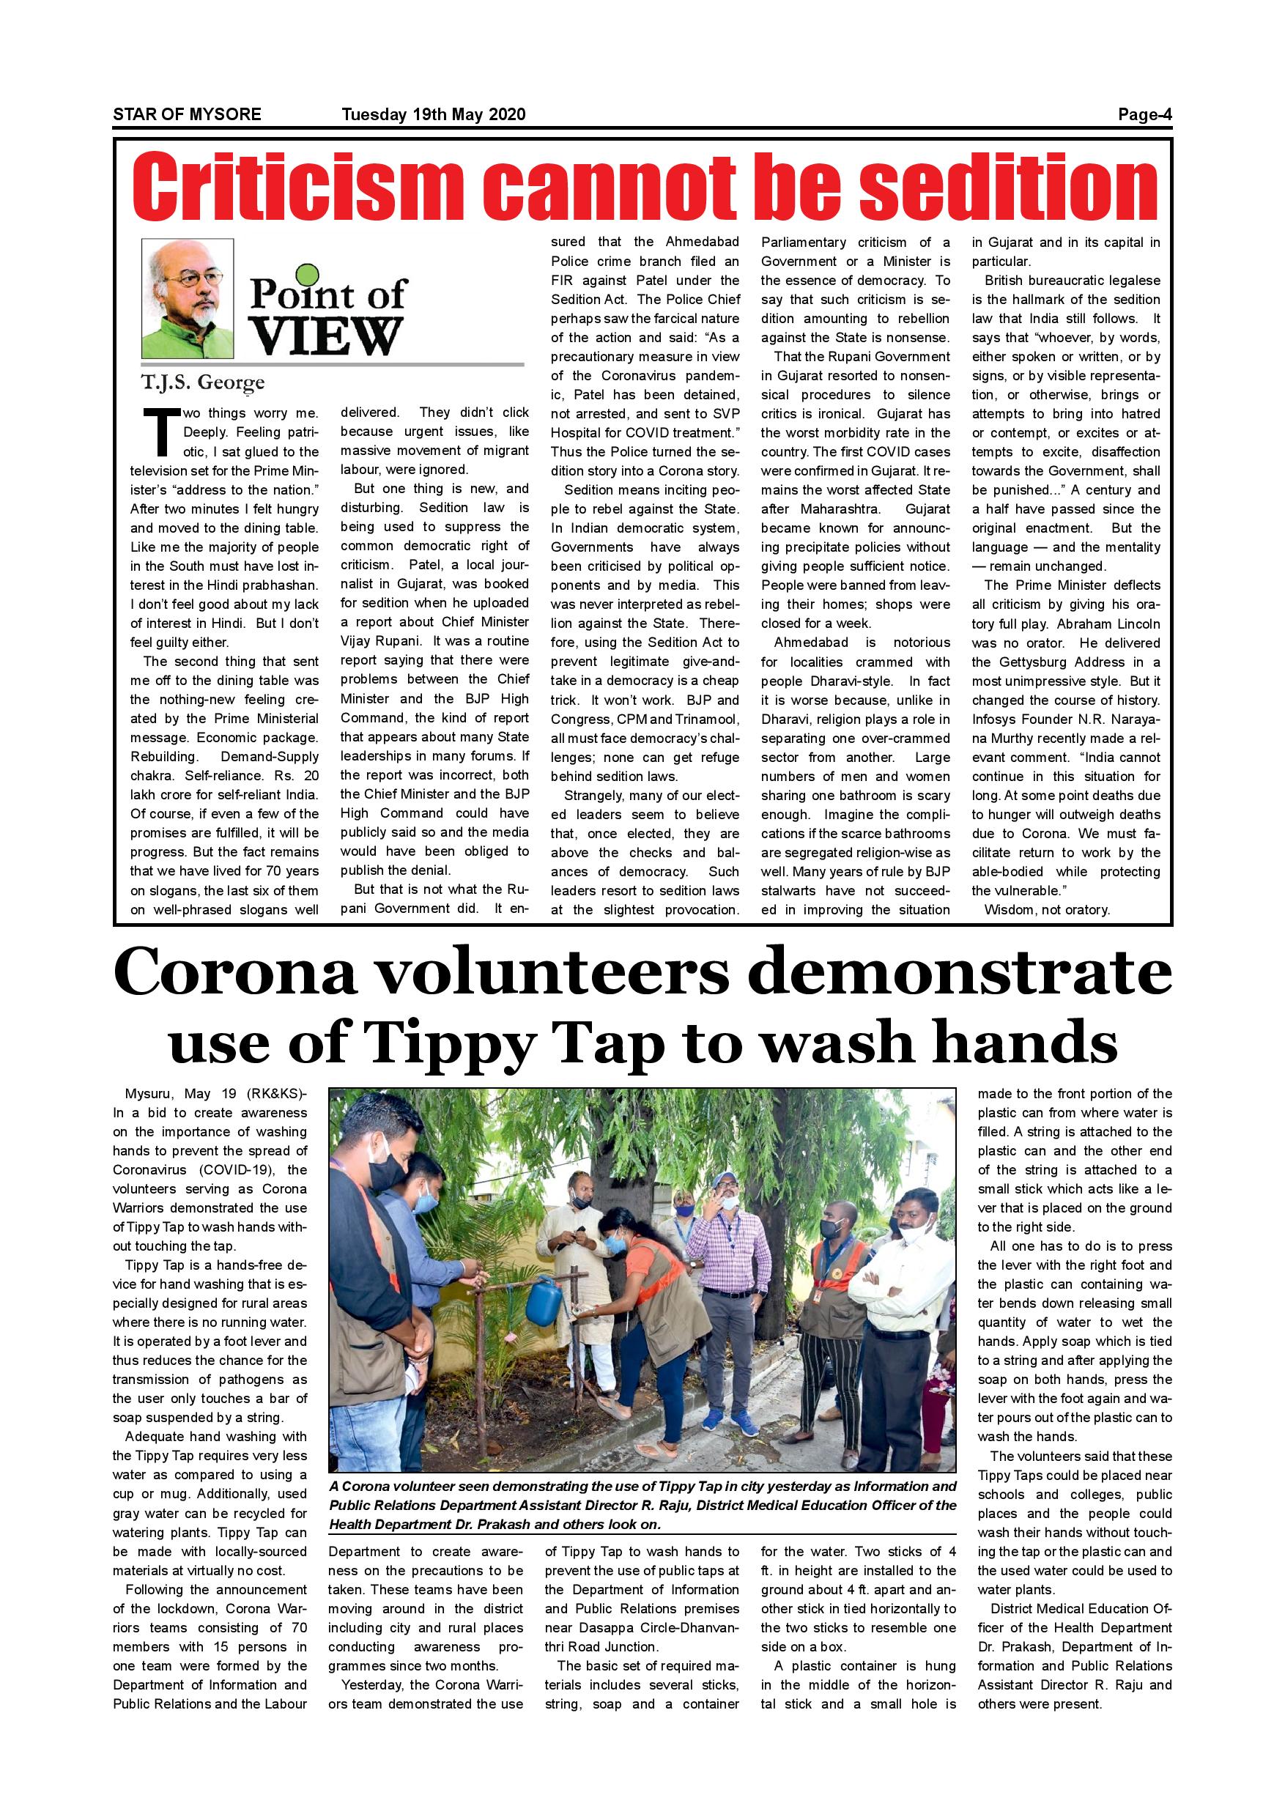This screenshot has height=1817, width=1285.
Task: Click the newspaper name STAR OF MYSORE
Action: [x=187, y=114]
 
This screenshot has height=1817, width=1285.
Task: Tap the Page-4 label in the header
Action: [x=1144, y=114]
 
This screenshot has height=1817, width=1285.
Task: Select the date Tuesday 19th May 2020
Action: [x=433, y=114]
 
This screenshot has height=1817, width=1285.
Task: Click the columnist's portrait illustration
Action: [x=188, y=298]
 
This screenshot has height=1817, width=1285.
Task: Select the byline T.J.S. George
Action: [x=202, y=383]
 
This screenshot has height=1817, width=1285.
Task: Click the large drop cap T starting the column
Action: [x=162, y=432]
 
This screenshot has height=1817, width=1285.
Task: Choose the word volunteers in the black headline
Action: [x=552, y=974]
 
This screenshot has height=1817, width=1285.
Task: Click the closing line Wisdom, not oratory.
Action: [x=1047, y=909]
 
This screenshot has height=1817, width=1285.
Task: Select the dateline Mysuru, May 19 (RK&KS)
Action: [x=210, y=1094]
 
